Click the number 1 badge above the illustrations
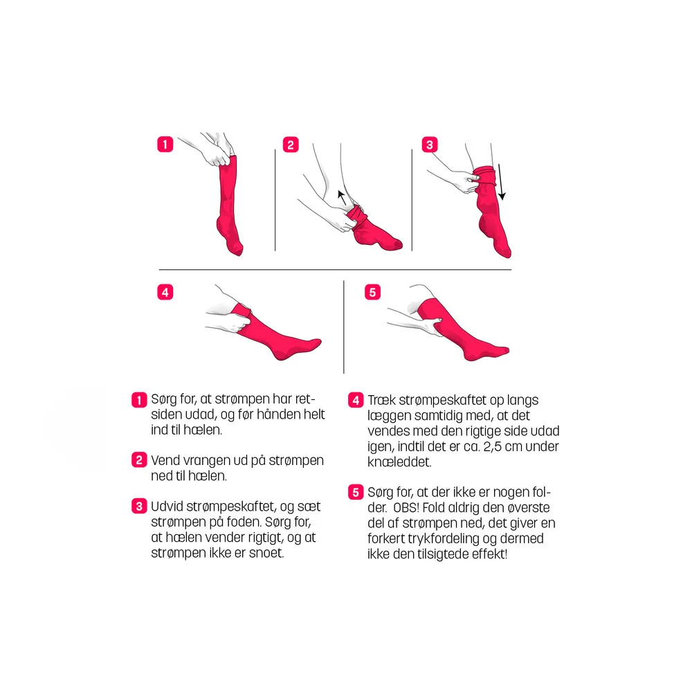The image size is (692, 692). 165,145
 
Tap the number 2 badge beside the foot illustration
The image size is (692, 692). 291,145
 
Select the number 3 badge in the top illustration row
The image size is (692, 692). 430,145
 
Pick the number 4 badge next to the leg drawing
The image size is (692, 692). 165,292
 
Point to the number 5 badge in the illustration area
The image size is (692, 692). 372,292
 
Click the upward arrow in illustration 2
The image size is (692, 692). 342,197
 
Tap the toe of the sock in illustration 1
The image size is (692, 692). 237,250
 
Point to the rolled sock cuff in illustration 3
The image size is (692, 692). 484,175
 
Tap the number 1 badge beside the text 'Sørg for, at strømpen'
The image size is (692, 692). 139,400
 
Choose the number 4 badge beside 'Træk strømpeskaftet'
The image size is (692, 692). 356,400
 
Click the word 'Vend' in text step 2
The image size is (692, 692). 165,460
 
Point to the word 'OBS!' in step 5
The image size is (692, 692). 406,507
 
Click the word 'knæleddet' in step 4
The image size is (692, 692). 399,462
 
